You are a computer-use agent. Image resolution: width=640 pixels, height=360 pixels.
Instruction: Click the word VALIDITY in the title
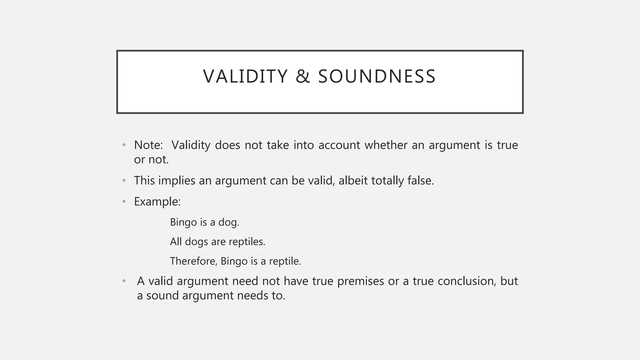pos(245,77)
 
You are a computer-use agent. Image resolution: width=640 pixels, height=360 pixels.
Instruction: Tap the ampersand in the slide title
pos(302,77)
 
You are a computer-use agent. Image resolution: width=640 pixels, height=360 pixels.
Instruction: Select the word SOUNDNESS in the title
pos(377,77)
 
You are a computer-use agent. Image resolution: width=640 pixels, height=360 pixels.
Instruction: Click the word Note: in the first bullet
pos(148,145)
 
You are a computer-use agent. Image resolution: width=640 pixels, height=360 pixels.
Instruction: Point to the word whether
pos(386,145)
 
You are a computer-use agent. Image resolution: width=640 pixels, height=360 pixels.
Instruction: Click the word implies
pos(177,181)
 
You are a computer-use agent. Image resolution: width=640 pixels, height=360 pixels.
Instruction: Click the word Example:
pos(157,202)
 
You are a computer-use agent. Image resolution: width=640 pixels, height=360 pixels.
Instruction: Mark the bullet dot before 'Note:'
pos(124,145)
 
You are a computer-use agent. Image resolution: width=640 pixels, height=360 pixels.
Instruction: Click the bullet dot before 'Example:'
pos(124,202)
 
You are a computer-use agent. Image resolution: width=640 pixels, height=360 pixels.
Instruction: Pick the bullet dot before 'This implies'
pos(124,181)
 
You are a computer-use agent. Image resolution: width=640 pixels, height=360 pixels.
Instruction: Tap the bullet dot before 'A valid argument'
pos(124,281)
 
